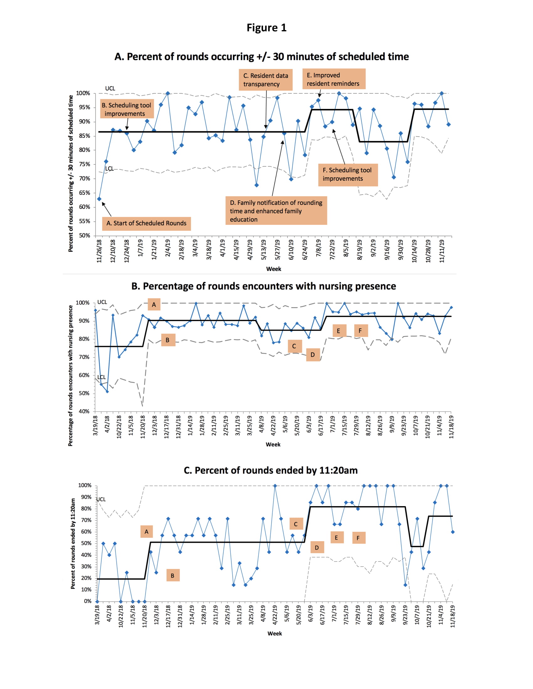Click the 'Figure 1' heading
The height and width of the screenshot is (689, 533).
266,28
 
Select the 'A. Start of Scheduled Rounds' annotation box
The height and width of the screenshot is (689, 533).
146,223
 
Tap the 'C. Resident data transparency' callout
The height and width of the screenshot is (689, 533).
266,80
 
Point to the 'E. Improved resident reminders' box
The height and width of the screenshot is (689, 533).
334,79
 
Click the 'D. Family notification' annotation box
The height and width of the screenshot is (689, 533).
276,211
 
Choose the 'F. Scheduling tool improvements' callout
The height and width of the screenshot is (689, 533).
348,174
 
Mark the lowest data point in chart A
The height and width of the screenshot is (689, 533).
99,199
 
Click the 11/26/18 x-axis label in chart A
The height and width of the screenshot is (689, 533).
99,251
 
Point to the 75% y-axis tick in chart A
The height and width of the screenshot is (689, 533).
84,164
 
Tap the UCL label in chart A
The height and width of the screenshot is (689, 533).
110,88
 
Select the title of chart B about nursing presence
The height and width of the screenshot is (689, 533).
263,286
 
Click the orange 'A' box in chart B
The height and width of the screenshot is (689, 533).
154,305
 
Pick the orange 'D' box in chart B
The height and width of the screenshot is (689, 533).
313,355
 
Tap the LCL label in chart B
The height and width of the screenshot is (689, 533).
101,377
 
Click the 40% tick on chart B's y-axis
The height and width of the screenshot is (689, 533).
84,412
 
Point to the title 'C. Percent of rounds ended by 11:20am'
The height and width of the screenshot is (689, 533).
271,470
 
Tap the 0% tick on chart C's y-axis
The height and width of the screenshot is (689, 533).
87,601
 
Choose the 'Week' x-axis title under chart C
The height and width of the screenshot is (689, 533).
274,634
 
